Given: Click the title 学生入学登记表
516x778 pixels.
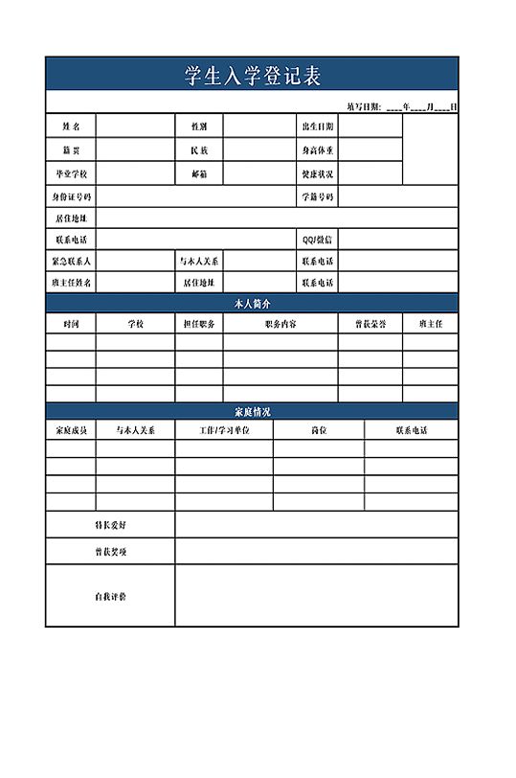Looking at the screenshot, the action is tap(252, 76).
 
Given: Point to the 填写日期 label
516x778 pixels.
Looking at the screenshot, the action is tap(364, 106).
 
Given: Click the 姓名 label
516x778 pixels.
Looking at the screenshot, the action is tap(71, 126).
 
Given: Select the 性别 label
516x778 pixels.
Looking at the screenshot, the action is tap(199, 126).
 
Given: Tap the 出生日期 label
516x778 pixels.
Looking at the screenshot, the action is tap(317, 126).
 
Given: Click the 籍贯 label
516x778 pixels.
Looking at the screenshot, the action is tap(71, 150).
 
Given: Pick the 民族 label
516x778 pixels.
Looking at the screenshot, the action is tap(199, 150).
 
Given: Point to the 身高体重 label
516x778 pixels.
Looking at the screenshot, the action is tap(317, 150).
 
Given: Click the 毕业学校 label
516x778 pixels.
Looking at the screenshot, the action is tap(71, 174).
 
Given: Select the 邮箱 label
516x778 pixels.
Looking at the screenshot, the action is tap(199, 174).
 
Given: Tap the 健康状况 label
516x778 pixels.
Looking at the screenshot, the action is tap(317, 174).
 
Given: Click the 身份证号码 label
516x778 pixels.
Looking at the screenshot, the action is tap(71, 197).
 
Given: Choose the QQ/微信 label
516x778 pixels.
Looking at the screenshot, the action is tap(317, 240).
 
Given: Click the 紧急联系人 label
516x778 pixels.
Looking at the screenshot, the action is tap(71, 261).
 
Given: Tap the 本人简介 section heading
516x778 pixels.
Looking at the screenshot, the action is tap(252, 303).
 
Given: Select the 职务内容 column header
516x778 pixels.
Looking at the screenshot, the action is tap(280, 324).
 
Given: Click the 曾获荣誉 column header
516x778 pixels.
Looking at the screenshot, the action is tap(370, 324).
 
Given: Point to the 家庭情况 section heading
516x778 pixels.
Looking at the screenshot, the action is tap(252, 411).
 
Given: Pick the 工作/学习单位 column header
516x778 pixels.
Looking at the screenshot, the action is tap(224, 431).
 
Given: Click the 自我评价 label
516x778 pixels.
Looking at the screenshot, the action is tap(109, 596).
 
